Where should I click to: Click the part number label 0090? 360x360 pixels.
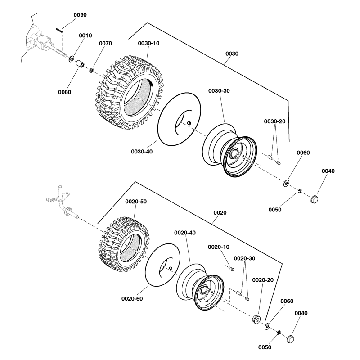click(x=80, y=15)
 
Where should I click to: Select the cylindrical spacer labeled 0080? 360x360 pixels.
click(x=80, y=64)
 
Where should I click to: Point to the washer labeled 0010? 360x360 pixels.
click(x=72, y=58)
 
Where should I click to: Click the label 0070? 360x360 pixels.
click(x=105, y=44)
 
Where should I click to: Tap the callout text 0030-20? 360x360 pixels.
click(x=274, y=121)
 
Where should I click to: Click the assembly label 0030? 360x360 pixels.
click(x=232, y=54)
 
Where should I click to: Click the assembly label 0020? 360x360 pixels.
click(x=220, y=212)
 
